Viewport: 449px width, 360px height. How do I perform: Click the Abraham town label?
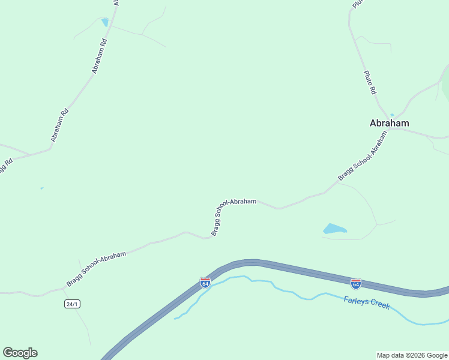click(389, 123)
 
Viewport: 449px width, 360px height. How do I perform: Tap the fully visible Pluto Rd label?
click(370, 82)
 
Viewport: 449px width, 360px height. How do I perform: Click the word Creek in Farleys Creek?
click(379, 305)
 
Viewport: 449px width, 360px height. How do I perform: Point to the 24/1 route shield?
click(72, 304)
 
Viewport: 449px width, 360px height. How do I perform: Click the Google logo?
click(20, 353)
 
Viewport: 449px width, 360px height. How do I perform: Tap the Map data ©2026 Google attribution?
click(412, 355)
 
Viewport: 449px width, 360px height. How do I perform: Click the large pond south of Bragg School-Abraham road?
click(334, 229)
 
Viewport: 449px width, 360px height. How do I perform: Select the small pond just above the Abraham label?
click(392, 115)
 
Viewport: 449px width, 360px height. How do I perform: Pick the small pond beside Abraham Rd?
click(105, 22)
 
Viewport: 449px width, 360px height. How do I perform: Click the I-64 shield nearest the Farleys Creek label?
click(355, 283)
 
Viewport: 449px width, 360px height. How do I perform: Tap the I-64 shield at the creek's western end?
click(205, 281)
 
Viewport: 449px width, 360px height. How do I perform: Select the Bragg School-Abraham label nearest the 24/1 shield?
click(96, 269)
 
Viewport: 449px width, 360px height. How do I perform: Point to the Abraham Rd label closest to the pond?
click(99, 56)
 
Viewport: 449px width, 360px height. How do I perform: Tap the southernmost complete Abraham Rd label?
click(59, 125)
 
